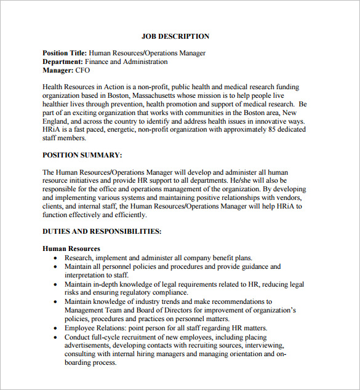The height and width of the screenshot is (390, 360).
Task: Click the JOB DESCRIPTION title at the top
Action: point(175,36)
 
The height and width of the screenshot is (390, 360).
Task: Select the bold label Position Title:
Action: point(65,54)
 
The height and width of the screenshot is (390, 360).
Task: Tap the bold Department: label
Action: point(63,62)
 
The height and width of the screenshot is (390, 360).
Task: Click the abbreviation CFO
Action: point(83,71)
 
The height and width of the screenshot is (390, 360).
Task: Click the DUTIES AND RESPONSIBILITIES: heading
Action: point(102,231)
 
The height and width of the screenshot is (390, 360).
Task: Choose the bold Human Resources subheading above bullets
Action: point(71,249)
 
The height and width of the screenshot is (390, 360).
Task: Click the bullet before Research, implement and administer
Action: point(56,258)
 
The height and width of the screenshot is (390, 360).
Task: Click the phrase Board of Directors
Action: point(154,311)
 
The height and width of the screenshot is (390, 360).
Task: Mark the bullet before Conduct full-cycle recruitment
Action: point(56,338)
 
